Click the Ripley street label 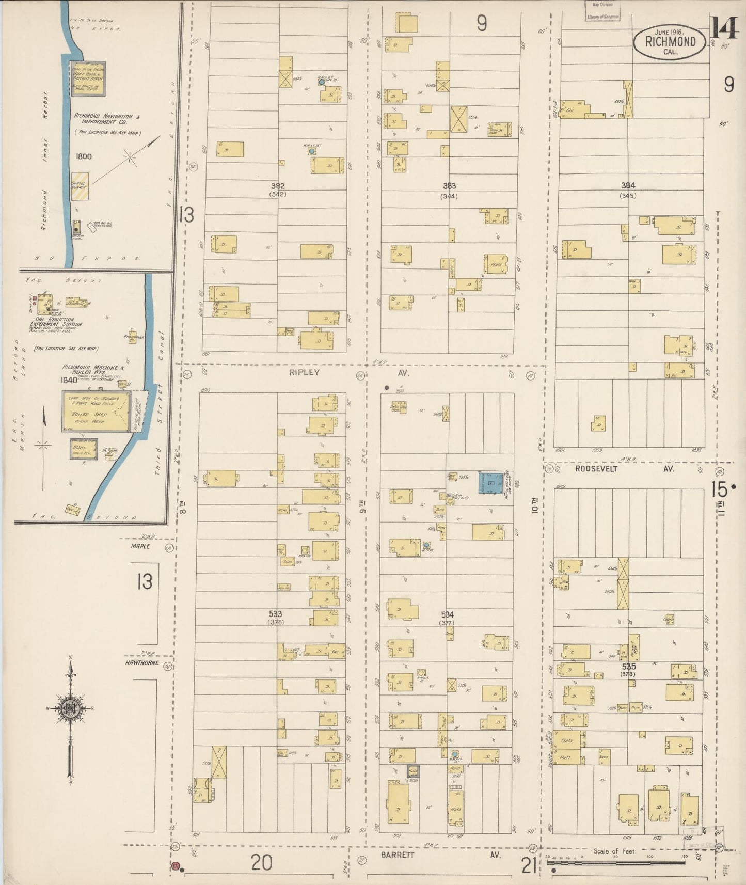[x=304, y=372]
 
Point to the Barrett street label [x=398, y=855]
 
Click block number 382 [x=278, y=186]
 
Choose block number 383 [x=449, y=186]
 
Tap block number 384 [x=628, y=185]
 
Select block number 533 [x=276, y=614]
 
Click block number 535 [x=628, y=667]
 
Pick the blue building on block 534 [x=491, y=484]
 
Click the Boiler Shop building [x=96, y=411]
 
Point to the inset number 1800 [x=83, y=156]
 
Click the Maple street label [x=140, y=546]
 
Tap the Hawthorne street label [x=141, y=663]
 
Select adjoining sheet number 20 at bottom [x=261, y=863]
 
